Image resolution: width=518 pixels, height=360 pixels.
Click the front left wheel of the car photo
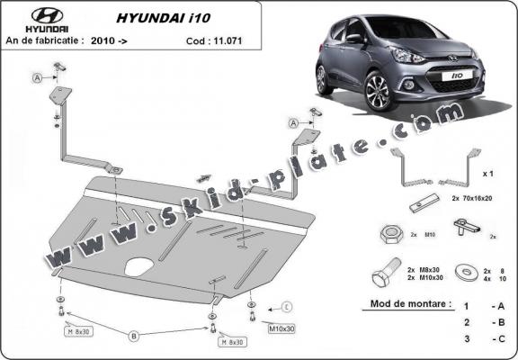[x=375, y=91]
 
